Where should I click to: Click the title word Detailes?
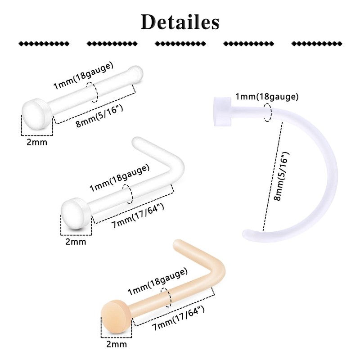pyautogui.click(x=180, y=22)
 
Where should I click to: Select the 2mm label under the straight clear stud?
pyautogui.click(x=37, y=142)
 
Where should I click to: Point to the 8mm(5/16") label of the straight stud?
pyautogui.click(x=99, y=116)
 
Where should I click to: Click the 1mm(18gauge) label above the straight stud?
pyautogui.click(x=83, y=76)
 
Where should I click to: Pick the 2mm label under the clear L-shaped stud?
pyautogui.click(x=76, y=242)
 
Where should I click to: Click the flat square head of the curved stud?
pyautogui.click(x=222, y=112)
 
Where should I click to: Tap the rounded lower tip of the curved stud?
pyautogui.click(x=247, y=234)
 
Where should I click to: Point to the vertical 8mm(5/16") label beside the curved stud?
pyautogui.click(x=282, y=176)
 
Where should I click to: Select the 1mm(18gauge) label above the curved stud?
pyautogui.click(x=267, y=97)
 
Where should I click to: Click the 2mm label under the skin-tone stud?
pyautogui.click(x=117, y=344)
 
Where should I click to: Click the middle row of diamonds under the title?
pyautogui.click(x=180, y=44)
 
